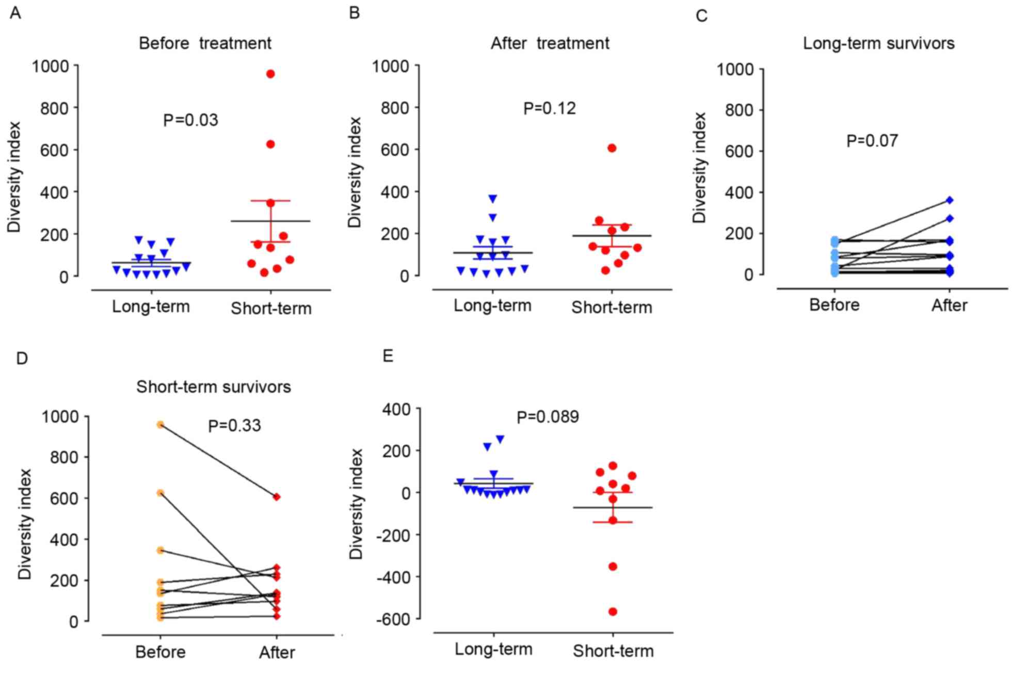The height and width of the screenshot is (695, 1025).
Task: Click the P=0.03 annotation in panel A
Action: click(x=190, y=120)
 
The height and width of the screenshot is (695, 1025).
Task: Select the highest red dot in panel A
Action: click(x=270, y=74)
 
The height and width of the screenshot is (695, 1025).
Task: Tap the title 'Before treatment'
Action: click(x=205, y=43)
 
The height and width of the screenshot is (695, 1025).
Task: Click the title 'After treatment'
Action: click(x=550, y=43)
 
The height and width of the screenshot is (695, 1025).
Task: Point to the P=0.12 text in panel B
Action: click(x=549, y=108)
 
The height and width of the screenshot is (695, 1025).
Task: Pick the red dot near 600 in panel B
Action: click(x=612, y=149)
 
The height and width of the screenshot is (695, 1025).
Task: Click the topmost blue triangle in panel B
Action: click(x=493, y=199)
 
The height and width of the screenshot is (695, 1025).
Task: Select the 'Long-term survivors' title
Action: click(x=878, y=43)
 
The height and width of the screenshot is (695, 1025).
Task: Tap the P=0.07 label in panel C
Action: click(x=872, y=141)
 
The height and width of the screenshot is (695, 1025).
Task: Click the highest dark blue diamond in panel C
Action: click(x=950, y=200)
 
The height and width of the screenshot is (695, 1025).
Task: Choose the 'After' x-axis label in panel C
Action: click(x=949, y=305)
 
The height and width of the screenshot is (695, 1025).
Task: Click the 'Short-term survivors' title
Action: click(x=213, y=387)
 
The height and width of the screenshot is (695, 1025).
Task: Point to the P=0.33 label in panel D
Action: click(x=234, y=426)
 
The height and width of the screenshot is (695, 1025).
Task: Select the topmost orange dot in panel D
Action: click(x=161, y=425)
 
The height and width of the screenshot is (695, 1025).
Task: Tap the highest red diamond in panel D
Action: click(x=277, y=497)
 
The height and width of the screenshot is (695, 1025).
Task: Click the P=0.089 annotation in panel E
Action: click(x=548, y=417)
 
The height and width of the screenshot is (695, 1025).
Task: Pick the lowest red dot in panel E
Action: click(x=613, y=612)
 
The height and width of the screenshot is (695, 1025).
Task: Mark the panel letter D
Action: click(x=22, y=358)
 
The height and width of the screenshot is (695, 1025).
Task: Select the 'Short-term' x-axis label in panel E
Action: click(x=613, y=651)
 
